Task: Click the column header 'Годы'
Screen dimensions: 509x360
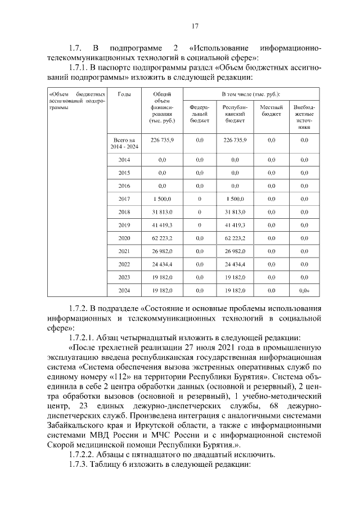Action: pyautogui.click(x=124, y=94)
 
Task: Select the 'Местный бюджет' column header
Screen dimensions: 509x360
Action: pyautogui.click(x=271, y=110)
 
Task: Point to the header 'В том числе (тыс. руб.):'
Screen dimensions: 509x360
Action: pyautogui.click(x=251, y=94)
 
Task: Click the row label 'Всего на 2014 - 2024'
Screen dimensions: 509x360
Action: pyautogui.click(x=124, y=143)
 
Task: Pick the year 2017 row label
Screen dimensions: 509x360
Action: pyautogui.click(x=124, y=199)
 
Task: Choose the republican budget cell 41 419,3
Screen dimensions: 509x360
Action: pyautogui.click(x=235, y=225)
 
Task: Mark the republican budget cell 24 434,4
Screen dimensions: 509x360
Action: pyautogui.click(x=235, y=264)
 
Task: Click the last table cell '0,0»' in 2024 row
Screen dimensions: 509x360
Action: pyautogui.click(x=304, y=290)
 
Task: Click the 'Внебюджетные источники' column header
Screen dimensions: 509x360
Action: pyautogui.click(x=304, y=116)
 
